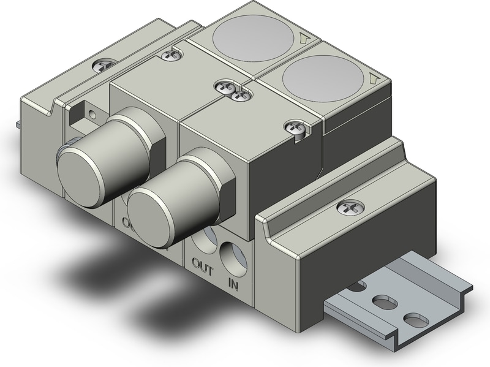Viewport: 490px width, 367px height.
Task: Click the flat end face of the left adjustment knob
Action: point(79,162)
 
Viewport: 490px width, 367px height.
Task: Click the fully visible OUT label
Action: point(203,266)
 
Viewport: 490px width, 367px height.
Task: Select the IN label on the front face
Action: point(233,284)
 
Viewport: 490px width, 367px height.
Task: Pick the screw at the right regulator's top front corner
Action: point(293,126)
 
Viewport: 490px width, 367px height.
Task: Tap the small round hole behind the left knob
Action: point(91,113)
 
